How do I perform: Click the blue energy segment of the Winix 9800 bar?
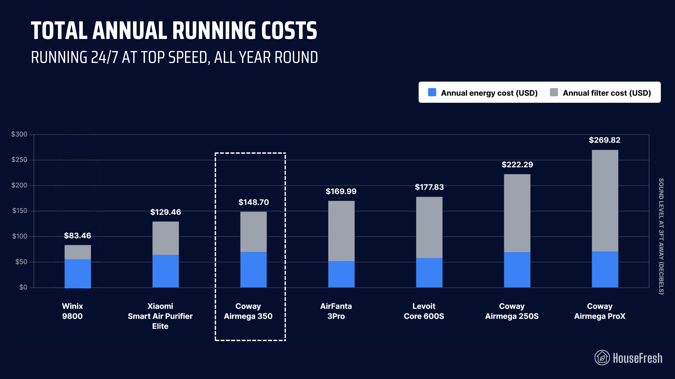coord(78,273)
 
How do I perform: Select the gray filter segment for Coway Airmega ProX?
coord(605,201)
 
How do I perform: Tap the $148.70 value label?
coord(253,202)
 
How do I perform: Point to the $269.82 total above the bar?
coord(605,140)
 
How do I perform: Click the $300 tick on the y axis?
coord(19,134)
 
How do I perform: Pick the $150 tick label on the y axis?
coord(20,211)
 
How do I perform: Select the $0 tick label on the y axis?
coord(23,287)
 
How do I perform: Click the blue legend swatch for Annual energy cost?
coord(432,92)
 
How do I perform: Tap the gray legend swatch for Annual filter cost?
coord(554,92)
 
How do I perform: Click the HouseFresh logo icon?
coord(602,358)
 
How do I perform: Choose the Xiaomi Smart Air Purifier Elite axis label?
coord(160,316)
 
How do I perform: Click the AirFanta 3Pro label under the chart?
coord(336,311)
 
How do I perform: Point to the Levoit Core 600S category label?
coord(424,311)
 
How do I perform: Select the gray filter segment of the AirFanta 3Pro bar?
coord(341,231)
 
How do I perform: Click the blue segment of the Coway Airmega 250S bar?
coord(517,270)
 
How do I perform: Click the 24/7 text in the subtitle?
coord(104,57)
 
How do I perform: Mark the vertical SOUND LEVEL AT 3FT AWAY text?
coord(661,236)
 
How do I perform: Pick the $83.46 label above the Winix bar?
coord(78,236)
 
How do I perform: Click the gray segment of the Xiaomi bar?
coord(165,238)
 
